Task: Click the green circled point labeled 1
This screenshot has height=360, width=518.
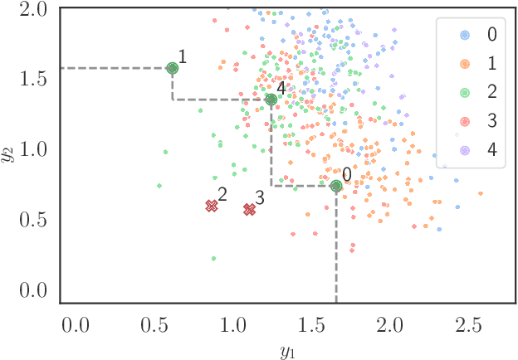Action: [x=172, y=69]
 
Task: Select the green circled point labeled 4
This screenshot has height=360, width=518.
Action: [x=271, y=100]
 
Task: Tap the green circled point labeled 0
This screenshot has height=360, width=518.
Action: [x=336, y=187]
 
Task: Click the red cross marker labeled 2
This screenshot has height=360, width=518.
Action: [x=212, y=206]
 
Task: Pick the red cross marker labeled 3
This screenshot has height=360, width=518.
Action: [x=249, y=210]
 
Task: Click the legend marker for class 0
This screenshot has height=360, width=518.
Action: [x=465, y=35]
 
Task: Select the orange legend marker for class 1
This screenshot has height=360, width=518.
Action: [x=465, y=64]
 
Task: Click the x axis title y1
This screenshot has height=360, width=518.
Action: [x=288, y=348]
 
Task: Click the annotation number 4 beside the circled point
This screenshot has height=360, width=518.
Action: [x=281, y=87]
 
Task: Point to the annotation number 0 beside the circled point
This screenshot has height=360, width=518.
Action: [x=347, y=174]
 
